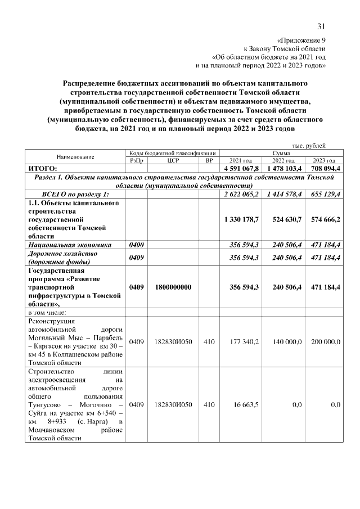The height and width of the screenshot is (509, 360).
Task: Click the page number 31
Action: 321,26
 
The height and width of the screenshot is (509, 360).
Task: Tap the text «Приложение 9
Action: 301,40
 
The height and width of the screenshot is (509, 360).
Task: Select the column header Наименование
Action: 75,156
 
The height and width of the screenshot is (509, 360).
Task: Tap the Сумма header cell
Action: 281,152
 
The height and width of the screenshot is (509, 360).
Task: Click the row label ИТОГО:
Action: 43,168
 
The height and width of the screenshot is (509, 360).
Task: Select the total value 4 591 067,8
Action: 241,168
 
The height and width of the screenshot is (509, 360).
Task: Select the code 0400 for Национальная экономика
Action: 136,245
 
